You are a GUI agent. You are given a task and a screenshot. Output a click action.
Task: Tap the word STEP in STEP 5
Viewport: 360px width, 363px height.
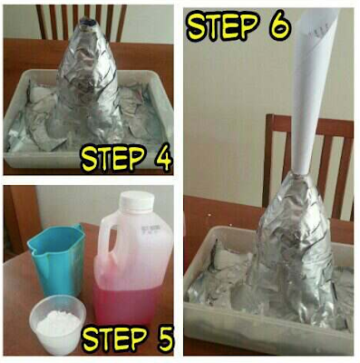pos(111,340)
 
